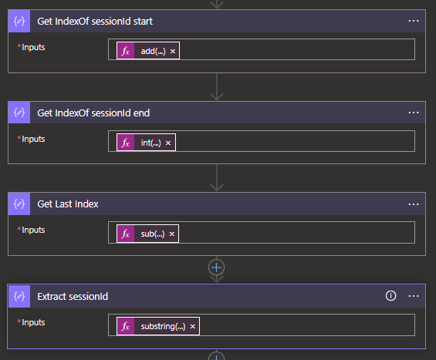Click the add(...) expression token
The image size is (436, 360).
148,51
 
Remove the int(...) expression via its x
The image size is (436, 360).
168,143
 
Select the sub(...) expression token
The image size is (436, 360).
147,234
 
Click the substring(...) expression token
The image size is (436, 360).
158,326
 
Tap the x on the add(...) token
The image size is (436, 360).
173,51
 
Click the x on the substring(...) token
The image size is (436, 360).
192,326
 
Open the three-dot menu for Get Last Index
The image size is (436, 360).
414,204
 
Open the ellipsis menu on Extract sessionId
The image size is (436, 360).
414,296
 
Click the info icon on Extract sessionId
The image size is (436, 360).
390,296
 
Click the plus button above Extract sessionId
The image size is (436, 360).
216,267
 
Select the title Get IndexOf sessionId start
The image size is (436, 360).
95,22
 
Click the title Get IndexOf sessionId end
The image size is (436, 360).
93,113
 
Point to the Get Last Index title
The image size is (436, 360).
68,204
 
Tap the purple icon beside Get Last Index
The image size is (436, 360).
19,204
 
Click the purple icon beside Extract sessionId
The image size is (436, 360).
19,296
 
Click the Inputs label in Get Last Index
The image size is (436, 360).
33,230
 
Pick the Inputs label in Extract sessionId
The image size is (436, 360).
33,322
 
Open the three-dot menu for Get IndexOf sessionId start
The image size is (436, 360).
414,21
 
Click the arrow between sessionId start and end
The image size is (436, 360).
217,86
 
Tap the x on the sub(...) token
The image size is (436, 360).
172,234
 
